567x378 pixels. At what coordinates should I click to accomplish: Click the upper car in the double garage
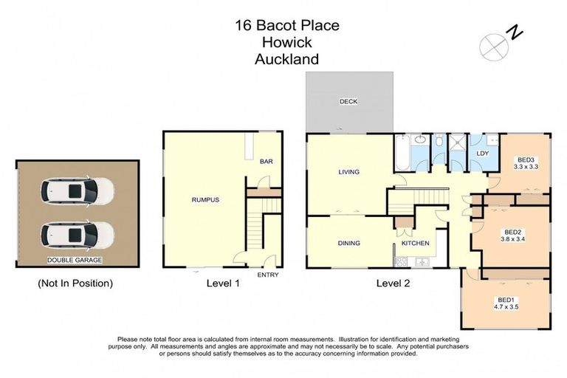[78, 193]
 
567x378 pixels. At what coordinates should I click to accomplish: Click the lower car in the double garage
[78, 236]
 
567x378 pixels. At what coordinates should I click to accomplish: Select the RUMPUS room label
[205, 200]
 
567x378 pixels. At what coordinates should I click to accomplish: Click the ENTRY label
[267, 275]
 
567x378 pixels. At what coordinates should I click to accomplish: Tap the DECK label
[348, 102]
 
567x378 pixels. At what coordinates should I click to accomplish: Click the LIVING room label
[348, 172]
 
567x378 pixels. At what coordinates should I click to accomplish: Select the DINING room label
[348, 242]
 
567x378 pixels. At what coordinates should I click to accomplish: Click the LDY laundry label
[483, 153]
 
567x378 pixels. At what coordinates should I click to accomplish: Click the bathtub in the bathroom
[403, 153]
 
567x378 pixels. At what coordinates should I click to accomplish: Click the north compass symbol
[492, 46]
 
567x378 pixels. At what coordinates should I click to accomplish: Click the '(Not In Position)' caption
[75, 283]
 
